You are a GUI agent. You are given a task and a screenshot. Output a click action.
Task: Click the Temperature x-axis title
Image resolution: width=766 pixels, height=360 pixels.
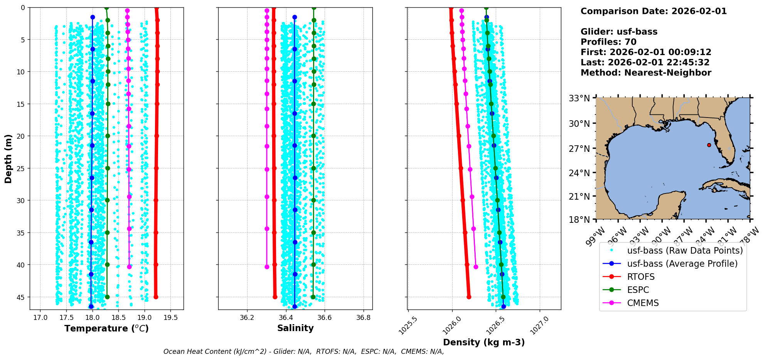pos(106,328)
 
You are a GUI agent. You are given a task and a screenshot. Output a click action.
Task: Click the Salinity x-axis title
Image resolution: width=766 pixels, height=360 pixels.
pos(295,328)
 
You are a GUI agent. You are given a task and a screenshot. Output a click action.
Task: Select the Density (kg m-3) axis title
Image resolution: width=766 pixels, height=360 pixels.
pos(484,342)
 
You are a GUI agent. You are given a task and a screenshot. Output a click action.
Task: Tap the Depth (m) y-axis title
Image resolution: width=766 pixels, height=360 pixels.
pos(8,158)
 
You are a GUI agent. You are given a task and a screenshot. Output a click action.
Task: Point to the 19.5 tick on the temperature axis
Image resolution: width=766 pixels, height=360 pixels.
pos(170,318)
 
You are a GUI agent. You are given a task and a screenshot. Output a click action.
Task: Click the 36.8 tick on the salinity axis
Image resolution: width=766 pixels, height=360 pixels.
pos(364,318)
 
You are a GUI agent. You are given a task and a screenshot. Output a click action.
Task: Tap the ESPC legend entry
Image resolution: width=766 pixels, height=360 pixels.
pos(638,290)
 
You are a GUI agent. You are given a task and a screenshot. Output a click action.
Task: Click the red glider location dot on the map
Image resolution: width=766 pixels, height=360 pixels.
pos(709,145)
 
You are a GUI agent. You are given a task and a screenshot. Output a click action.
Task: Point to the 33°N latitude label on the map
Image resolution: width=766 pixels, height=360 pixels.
pos(579,98)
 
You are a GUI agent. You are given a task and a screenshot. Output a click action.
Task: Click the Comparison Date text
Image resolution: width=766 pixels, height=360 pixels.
pos(653,11)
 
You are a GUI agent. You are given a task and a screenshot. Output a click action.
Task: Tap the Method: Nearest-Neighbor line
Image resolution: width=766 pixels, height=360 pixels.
pos(646,72)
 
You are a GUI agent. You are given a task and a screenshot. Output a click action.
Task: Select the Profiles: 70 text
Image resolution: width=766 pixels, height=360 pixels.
pos(608,42)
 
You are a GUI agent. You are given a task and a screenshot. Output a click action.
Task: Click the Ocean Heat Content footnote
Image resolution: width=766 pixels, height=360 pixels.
pos(303,352)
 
